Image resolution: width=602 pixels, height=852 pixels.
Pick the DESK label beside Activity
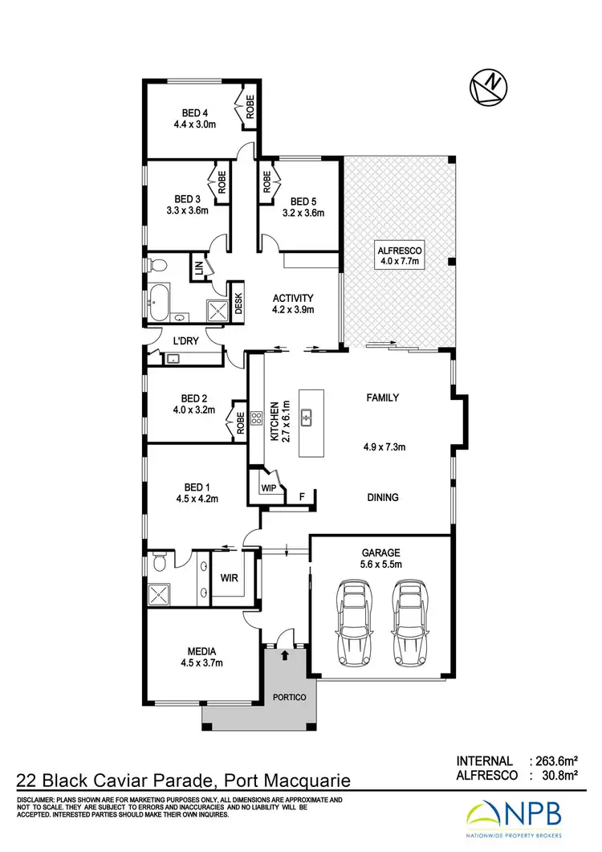(x=238, y=301)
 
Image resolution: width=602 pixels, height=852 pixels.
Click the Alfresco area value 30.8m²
(x=559, y=776)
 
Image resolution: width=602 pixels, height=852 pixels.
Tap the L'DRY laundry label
(x=186, y=341)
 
